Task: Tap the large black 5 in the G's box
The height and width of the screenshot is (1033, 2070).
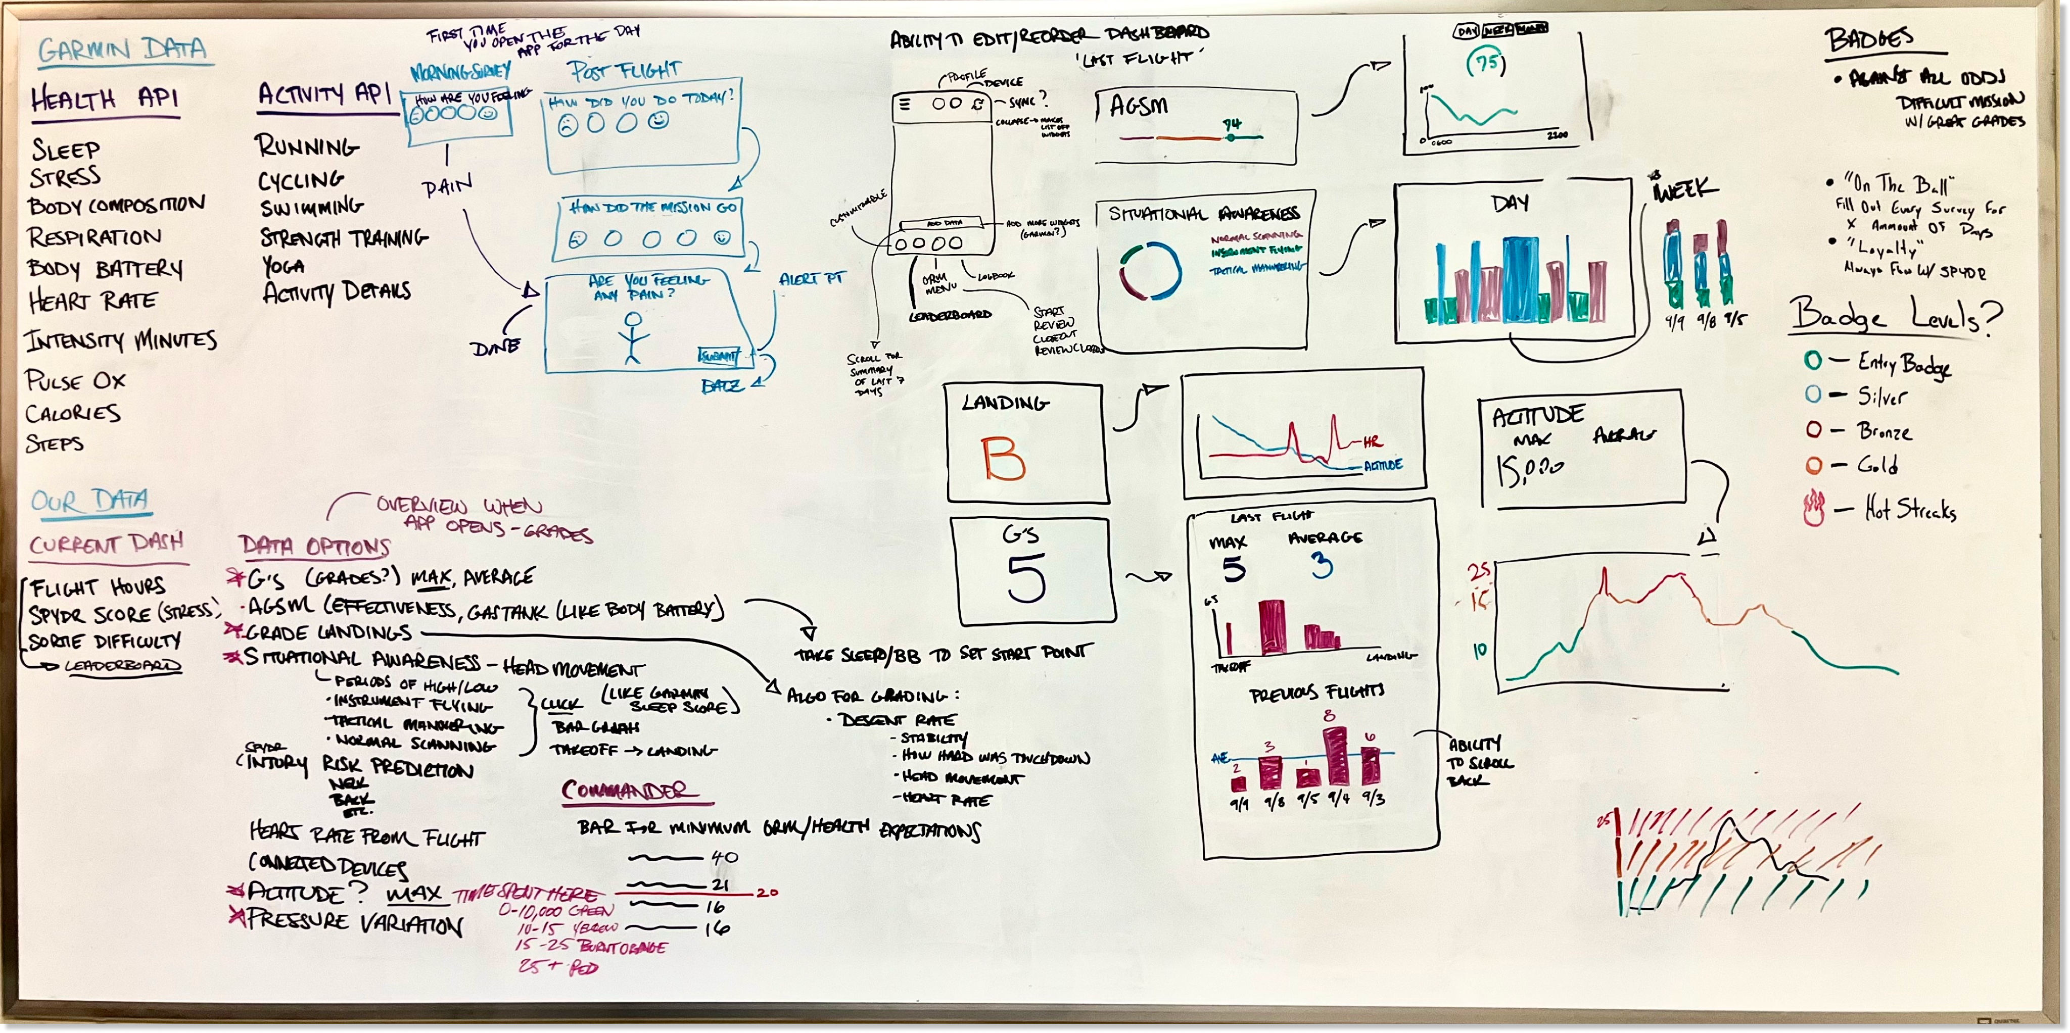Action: (x=1026, y=577)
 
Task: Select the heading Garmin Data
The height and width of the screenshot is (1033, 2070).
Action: (x=122, y=50)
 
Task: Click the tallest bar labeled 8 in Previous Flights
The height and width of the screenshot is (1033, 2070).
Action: (x=1336, y=755)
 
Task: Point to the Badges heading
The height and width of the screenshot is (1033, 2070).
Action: (x=1869, y=40)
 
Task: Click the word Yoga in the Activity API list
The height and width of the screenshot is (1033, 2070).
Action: (x=283, y=266)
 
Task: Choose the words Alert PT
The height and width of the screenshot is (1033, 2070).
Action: (x=812, y=279)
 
